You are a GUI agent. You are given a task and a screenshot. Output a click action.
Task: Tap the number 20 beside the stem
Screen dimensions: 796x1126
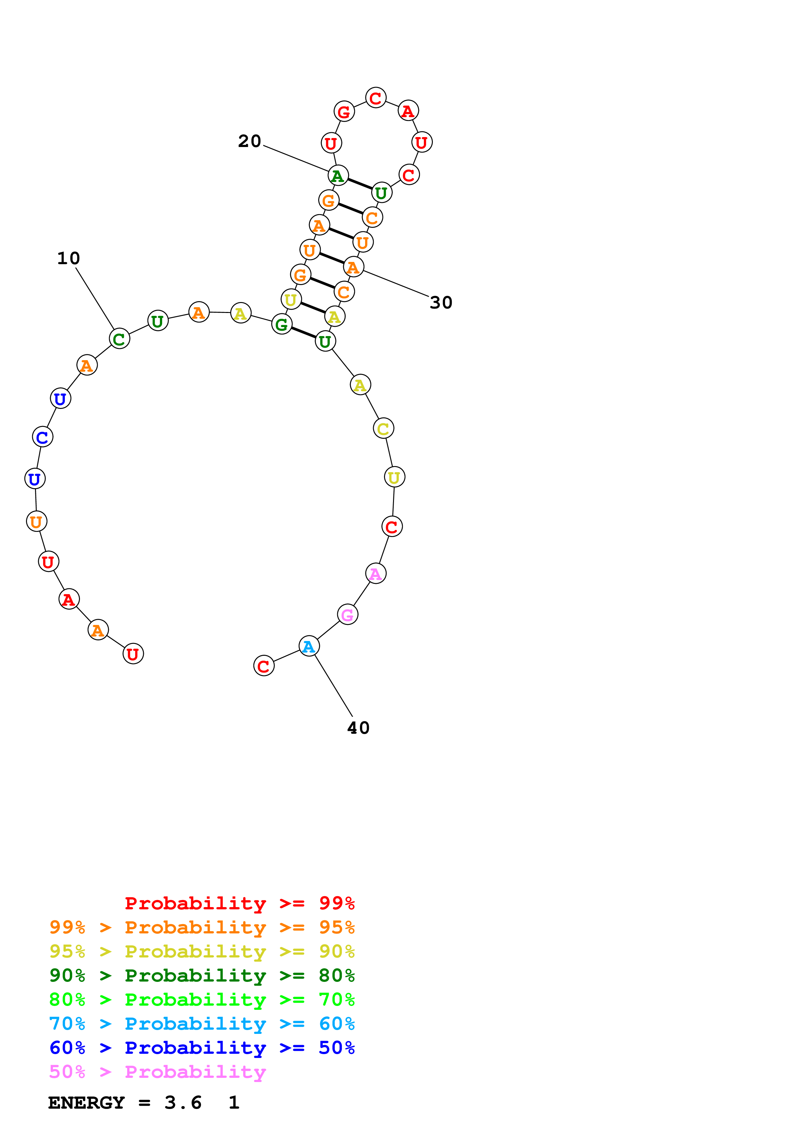coord(249,141)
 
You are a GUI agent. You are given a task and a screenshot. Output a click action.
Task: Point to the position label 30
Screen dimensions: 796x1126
coord(441,303)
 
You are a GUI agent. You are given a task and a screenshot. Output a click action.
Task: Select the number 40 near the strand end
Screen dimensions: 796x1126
coord(358,728)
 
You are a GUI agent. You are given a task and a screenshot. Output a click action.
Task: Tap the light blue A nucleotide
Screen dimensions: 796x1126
coord(309,646)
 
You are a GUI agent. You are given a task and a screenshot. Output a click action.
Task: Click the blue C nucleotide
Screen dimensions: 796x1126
coord(43,437)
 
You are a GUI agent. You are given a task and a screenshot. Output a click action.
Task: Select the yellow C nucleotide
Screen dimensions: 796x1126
coord(383,428)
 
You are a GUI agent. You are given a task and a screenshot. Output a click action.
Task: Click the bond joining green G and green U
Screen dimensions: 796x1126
coord(303,333)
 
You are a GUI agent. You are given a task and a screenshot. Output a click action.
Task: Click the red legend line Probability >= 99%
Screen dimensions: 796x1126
coord(239,903)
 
